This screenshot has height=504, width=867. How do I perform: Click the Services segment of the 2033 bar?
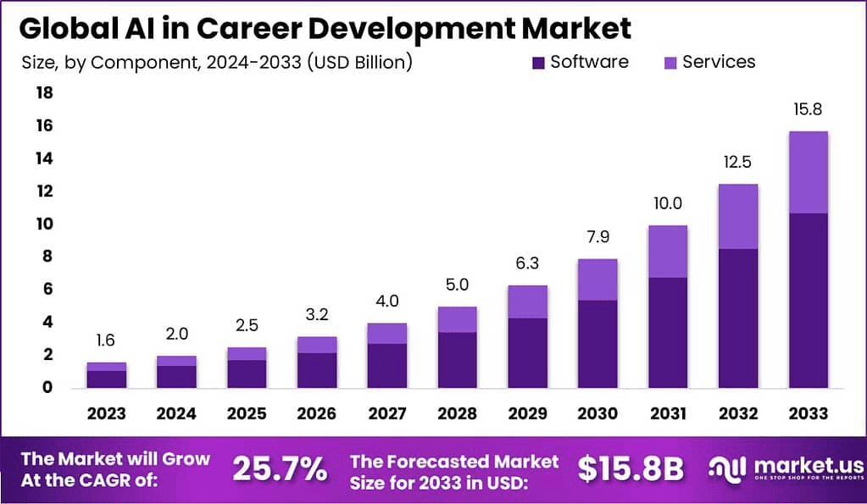tap(808, 172)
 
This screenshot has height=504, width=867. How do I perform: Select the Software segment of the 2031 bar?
tap(668, 332)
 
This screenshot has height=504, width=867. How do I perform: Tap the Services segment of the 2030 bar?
tap(597, 280)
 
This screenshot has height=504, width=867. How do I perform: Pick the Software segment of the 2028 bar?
tap(458, 360)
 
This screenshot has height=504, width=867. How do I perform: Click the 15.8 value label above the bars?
tap(808, 110)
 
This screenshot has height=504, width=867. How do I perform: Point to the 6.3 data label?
tap(527, 263)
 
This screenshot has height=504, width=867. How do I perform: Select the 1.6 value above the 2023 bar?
tap(107, 341)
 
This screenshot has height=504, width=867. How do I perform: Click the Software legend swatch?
tap(538, 63)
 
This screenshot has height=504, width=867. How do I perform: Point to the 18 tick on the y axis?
tap(43, 93)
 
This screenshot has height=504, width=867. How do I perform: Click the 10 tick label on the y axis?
tap(43, 224)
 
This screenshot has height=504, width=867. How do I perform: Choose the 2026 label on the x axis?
tap(317, 413)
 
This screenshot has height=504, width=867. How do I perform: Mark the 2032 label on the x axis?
tap(737, 413)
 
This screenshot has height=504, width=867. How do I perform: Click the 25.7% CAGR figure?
tap(279, 468)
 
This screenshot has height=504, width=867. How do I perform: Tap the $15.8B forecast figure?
tap(630, 468)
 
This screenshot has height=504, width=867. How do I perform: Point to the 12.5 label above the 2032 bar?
tap(737, 162)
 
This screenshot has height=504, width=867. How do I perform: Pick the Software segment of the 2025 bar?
tap(247, 374)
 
